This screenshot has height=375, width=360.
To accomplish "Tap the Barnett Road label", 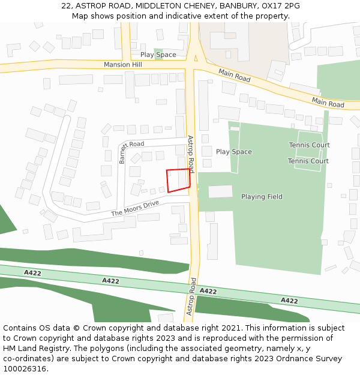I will point(123,152).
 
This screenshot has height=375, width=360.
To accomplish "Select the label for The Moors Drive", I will point(135,209).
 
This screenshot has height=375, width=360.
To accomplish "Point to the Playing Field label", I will point(262,197).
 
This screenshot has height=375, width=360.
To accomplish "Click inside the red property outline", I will point(178,180).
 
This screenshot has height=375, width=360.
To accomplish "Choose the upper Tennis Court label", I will point(309,145).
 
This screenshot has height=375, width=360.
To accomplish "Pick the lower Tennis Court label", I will point(308,161).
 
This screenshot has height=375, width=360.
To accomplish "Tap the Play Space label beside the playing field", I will point(233,152).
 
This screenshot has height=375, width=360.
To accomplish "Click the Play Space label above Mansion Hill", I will point(158,55).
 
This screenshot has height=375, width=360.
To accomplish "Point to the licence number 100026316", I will point(25,369).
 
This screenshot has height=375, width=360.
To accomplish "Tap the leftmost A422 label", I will point(32,273).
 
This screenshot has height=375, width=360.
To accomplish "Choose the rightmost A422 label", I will point(289,301).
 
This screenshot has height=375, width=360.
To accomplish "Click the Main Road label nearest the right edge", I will point(328,101).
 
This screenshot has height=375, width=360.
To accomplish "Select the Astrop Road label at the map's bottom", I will point(191,296).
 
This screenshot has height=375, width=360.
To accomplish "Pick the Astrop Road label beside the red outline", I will point(191,154).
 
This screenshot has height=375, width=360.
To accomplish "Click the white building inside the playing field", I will point(220,191).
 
